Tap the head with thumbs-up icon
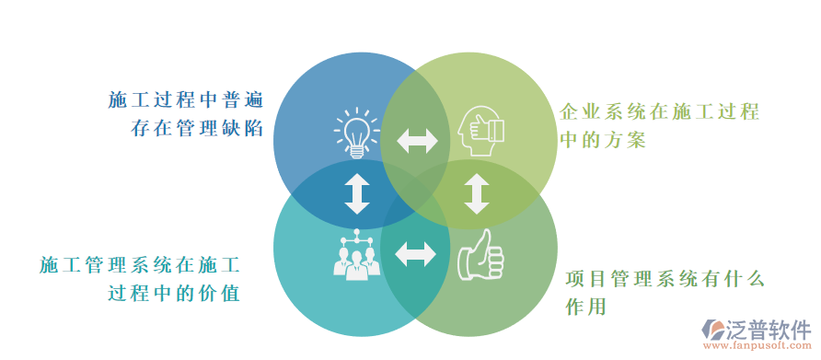click(480, 133)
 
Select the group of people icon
click(355, 254)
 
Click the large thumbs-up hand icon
click(480, 255)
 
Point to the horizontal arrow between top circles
click(417, 141)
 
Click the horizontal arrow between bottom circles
click(416, 254)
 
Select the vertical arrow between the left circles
click(356, 193)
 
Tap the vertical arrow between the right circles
click(476, 193)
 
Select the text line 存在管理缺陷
click(197, 129)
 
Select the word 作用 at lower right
click(585, 307)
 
